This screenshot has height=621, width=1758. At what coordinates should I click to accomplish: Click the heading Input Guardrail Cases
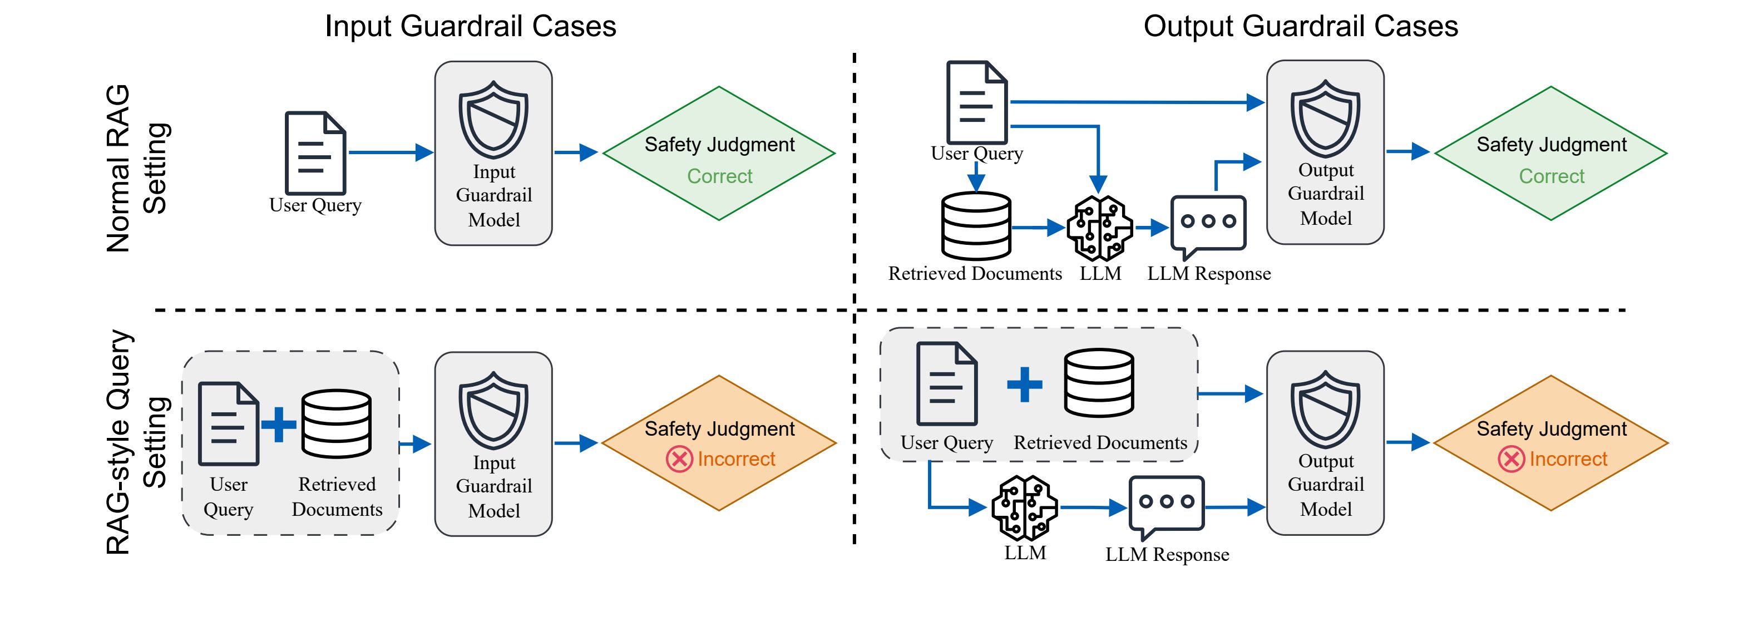(x=470, y=27)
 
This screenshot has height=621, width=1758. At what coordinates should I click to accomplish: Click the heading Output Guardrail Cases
(x=1300, y=27)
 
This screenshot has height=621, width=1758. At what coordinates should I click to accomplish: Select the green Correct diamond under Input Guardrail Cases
(x=719, y=154)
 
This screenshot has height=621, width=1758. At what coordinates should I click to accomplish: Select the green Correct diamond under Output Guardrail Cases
(x=1550, y=154)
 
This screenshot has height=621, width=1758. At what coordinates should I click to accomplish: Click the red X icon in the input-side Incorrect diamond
(x=679, y=459)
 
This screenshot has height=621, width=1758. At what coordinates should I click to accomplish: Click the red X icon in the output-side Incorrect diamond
(x=1511, y=459)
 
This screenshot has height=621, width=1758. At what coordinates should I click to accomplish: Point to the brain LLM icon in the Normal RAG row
(x=1099, y=228)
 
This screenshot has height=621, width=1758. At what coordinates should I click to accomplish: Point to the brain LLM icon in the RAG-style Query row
(x=1024, y=507)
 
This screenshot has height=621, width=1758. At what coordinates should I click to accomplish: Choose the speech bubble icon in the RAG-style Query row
(x=1166, y=506)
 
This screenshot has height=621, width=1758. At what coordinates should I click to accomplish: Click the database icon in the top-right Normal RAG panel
(x=976, y=226)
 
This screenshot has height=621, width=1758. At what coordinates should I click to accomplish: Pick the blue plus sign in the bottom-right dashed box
(x=1024, y=384)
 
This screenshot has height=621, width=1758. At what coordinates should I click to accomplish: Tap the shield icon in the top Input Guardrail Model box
(x=493, y=120)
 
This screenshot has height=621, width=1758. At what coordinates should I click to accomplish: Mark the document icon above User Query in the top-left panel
(x=315, y=153)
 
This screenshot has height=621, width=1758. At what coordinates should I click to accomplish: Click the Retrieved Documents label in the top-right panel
(x=975, y=274)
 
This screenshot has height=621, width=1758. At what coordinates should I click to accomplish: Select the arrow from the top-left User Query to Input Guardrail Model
(x=391, y=152)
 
